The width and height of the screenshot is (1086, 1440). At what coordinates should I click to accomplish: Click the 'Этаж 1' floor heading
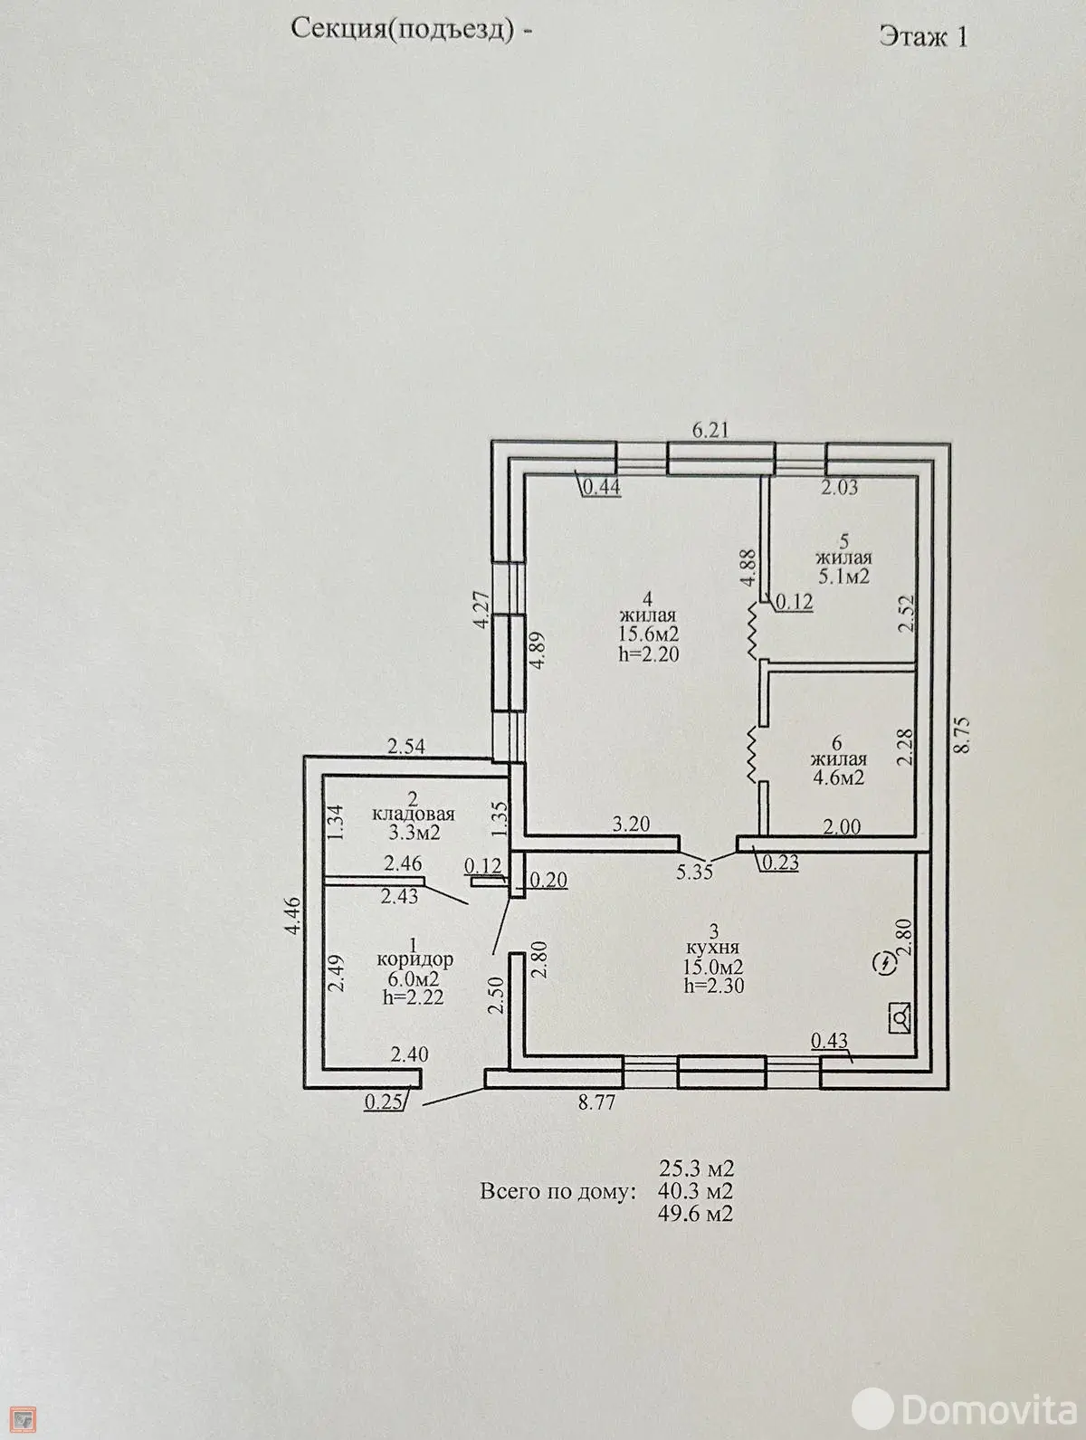coord(923,37)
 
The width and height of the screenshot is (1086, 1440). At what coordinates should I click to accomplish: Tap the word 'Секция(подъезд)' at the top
coord(401,31)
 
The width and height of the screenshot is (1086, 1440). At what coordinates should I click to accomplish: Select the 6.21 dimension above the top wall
coord(711,430)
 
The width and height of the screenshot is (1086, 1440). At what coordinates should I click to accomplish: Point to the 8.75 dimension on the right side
coord(963,736)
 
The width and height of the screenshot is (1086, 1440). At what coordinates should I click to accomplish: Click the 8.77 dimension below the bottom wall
coord(596,1102)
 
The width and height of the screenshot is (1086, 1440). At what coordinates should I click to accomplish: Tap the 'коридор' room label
coord(414,959)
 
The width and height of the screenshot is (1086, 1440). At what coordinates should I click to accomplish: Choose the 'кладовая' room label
coord(414,815)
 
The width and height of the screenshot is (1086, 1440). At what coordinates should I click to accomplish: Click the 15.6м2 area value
coord(649,634)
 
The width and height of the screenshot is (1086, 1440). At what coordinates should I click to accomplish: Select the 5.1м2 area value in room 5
coord(843,576)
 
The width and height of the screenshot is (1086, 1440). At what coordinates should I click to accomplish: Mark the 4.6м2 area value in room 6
coord(838,778)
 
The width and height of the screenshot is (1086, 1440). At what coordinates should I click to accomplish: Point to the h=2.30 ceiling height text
coord(714,985)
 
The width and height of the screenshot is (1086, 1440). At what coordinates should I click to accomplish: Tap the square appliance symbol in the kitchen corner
coord(900,1017)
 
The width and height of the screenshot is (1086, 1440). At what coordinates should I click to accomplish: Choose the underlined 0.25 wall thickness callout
coord(383,1102)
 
